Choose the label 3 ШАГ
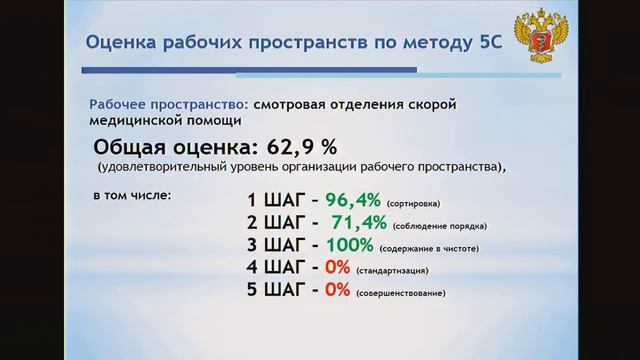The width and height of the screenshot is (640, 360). tap(274, 245)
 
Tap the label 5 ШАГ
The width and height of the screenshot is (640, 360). tap(274, 291)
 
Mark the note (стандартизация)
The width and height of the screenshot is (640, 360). tap(393, 270)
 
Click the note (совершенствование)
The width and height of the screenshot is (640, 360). tap(400, 293)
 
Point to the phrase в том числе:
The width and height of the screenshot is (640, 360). tap(132, 193)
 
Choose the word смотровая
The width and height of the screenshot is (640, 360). tap(295, 104)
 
